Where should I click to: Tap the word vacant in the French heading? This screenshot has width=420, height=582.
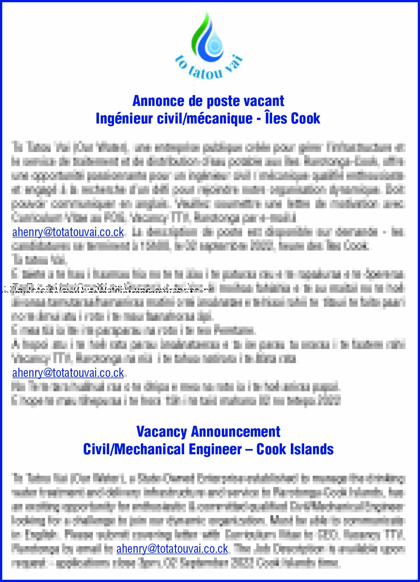click(264, 101)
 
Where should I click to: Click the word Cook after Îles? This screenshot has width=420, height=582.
click(306, 118)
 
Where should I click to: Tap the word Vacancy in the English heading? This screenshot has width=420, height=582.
click(162, 431)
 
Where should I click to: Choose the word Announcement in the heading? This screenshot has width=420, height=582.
click(236, 431)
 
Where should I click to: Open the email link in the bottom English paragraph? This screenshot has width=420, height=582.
click(172, 549)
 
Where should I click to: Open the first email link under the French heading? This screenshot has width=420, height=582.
click(68, 232)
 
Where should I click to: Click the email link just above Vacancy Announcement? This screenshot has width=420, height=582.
click(68, 373)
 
